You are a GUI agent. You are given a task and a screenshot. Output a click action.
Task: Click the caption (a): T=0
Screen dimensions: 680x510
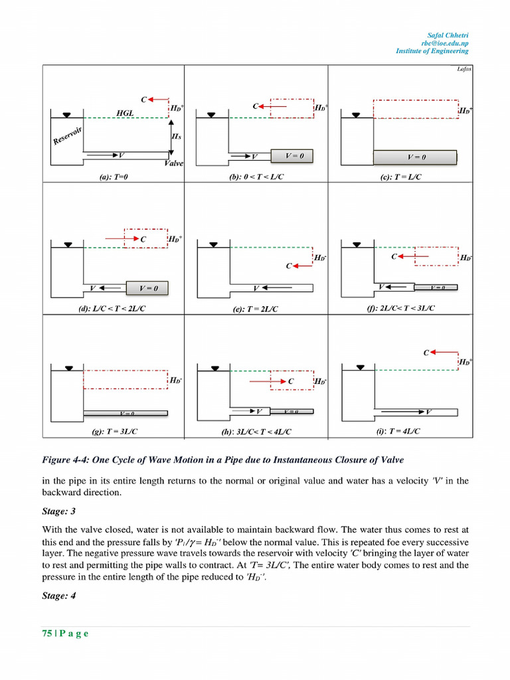pos(112,177)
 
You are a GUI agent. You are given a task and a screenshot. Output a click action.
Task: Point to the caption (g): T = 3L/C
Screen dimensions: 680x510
pos(115,432)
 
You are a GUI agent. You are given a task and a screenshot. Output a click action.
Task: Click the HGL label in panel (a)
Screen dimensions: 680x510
pos(125,113)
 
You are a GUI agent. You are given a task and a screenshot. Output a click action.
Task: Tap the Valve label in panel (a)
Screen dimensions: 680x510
pos(174,163)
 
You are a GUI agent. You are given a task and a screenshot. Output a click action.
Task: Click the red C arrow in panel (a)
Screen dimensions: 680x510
pos(156,99)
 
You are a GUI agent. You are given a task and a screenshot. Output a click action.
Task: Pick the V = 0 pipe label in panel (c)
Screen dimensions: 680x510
pos(416,157)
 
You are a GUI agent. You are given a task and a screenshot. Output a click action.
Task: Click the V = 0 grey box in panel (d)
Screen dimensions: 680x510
pos(147,288)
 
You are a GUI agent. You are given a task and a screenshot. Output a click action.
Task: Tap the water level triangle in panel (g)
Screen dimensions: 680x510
pos(69,367)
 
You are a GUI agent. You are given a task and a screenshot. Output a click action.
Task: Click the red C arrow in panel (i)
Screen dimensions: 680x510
pos(439,353)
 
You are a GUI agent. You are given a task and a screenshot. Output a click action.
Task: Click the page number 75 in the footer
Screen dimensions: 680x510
pos(47,633)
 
